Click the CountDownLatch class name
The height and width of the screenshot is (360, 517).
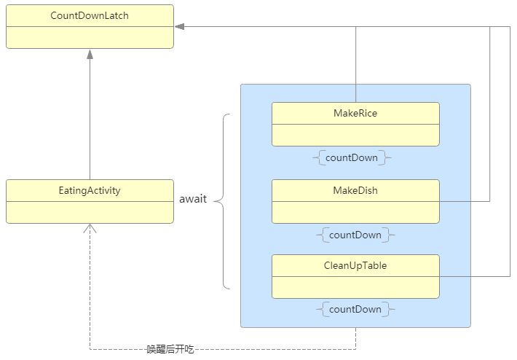click(x=90, y=15)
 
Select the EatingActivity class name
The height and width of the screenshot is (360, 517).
click(x=90, y=190)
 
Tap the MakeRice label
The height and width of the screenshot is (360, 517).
click(x=355, y=113)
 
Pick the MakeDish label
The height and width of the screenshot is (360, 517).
click(x=355, y=190)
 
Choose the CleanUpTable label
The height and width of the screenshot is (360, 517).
click(x=355, y=265)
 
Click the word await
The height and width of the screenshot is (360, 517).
click(x=193, y=199)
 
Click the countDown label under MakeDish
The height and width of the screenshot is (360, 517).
click(x=355, y=235)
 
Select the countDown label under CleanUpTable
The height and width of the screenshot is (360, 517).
click(x=355, y=309)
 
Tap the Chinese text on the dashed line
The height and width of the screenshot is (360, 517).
click(x=170, y=350)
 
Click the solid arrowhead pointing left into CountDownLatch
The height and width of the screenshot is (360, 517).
click(x=179, y=27)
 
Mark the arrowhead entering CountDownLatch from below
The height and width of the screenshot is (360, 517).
click(x=90, y=54)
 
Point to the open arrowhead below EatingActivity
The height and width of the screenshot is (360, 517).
click(x=90, y=229)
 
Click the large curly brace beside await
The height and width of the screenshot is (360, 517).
click(x=224, y=200)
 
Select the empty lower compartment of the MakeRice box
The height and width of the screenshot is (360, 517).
click(x=355, y=135)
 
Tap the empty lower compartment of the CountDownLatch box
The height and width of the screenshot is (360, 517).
click(x=90, y=37)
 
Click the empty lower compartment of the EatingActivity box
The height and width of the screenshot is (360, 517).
click(x=90, y=212)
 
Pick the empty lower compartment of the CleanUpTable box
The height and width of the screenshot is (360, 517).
click(x=355, y=287)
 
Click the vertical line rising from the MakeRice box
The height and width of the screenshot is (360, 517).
click(x=355, y=66)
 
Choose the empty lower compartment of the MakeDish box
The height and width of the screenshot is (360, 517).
click(x=355, y=212)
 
